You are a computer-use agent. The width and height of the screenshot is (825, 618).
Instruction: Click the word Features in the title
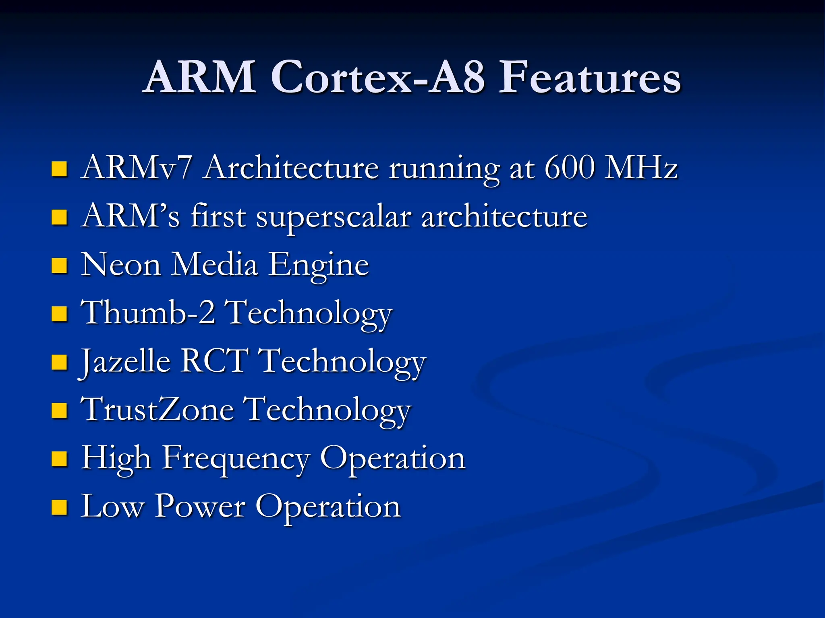(590, 77)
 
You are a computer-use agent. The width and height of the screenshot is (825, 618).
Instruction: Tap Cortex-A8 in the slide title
(377, 77)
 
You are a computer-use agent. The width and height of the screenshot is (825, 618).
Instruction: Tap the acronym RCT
(214, 361)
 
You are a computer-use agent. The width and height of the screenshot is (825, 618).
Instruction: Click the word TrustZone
(158, 410)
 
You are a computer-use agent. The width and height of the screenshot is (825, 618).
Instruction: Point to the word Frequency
(236, 459)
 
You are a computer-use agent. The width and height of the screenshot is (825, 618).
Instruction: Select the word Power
(200, 507)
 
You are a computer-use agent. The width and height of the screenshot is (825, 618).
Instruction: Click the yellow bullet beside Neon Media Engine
(59, 266)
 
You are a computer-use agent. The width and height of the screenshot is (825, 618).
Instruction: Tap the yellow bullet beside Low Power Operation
(59, 508)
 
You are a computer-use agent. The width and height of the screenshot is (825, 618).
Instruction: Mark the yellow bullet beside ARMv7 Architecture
(59, 169)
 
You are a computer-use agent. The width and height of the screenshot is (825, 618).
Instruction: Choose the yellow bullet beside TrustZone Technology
(59, 411)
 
